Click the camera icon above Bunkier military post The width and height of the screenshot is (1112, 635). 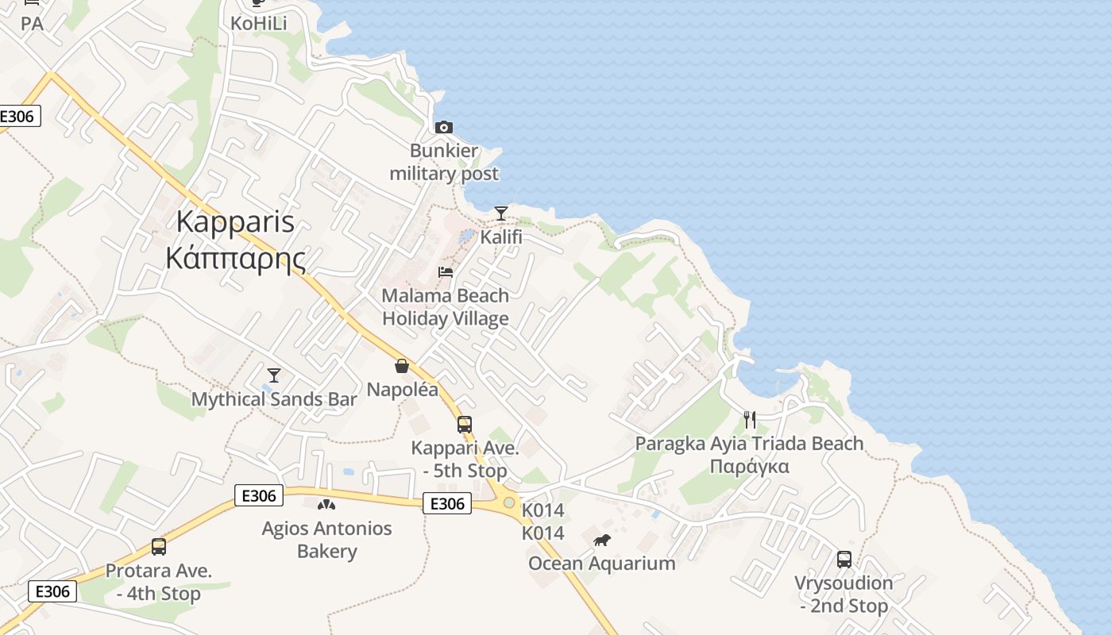pyautogui.click(x=444, y=127)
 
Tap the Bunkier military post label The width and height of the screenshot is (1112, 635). pyautogui.click(x=444, y=162)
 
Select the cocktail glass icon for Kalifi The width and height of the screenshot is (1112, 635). pyautogui.click(x=500, y=214)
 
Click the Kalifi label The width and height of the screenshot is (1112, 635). pyautogui.click(x=501, y=237)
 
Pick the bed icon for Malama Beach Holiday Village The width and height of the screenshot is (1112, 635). pyautogui.click(x=446, y=272)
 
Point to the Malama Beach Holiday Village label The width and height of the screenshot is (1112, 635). pyautogui.click(x=446, y=307)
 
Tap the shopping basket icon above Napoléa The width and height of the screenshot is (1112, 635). pyautogui.click(x=402, y=366)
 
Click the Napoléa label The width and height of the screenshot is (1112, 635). pyautogui.click(x=402, y=390)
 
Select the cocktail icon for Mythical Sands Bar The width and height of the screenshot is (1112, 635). pyautogui.click(x=274, y=375)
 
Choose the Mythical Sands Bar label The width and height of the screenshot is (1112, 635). pyautogui.click(x=274, y=399)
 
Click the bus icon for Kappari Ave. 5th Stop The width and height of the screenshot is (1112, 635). pyautogui.click(x=465, y=425)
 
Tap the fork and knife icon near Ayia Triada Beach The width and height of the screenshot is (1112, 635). pyautogui.click(x=750, y=420)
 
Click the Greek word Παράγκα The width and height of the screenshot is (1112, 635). pyautogui.click(x=749, y=466)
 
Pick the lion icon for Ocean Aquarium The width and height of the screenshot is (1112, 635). pyautogui.click(x=602, y=541)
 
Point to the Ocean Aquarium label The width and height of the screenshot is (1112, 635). pyautogui.click(x=602, y=564)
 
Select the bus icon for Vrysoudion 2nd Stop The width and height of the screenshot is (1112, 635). pyautogui.click(x=844, y=560)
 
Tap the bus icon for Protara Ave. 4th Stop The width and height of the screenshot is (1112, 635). pyautogui.click(x=159, y=547)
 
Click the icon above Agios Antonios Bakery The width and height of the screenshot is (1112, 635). pyautogui.click(x=326, y=504)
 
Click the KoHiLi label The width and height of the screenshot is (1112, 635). pyautogui.click(x=258, y=24)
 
